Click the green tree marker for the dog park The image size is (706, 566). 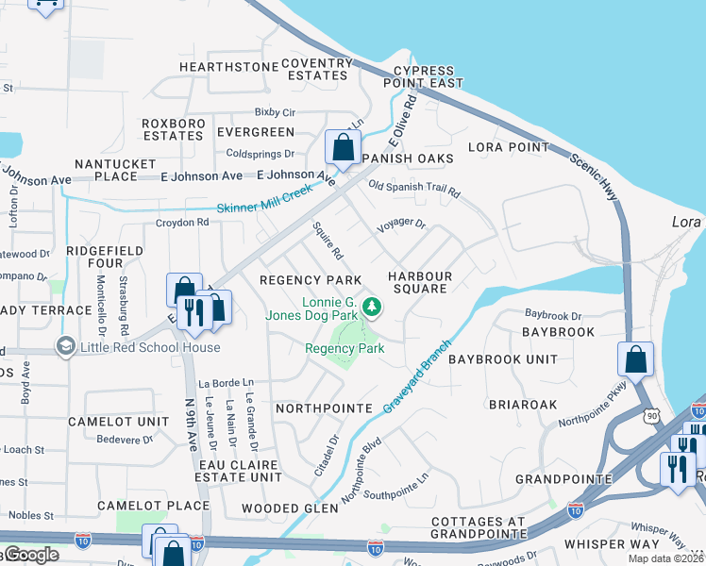pos(373,306)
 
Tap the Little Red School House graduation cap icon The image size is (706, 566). pos(65,347)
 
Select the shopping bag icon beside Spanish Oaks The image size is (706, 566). pos(341,147)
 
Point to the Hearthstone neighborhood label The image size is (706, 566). pos(228,67)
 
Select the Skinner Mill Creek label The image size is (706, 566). pos(264,199)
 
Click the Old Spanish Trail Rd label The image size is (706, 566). pos(414,189)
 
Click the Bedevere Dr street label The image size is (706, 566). pos(126,439)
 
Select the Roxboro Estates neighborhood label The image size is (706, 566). pos(173,129)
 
